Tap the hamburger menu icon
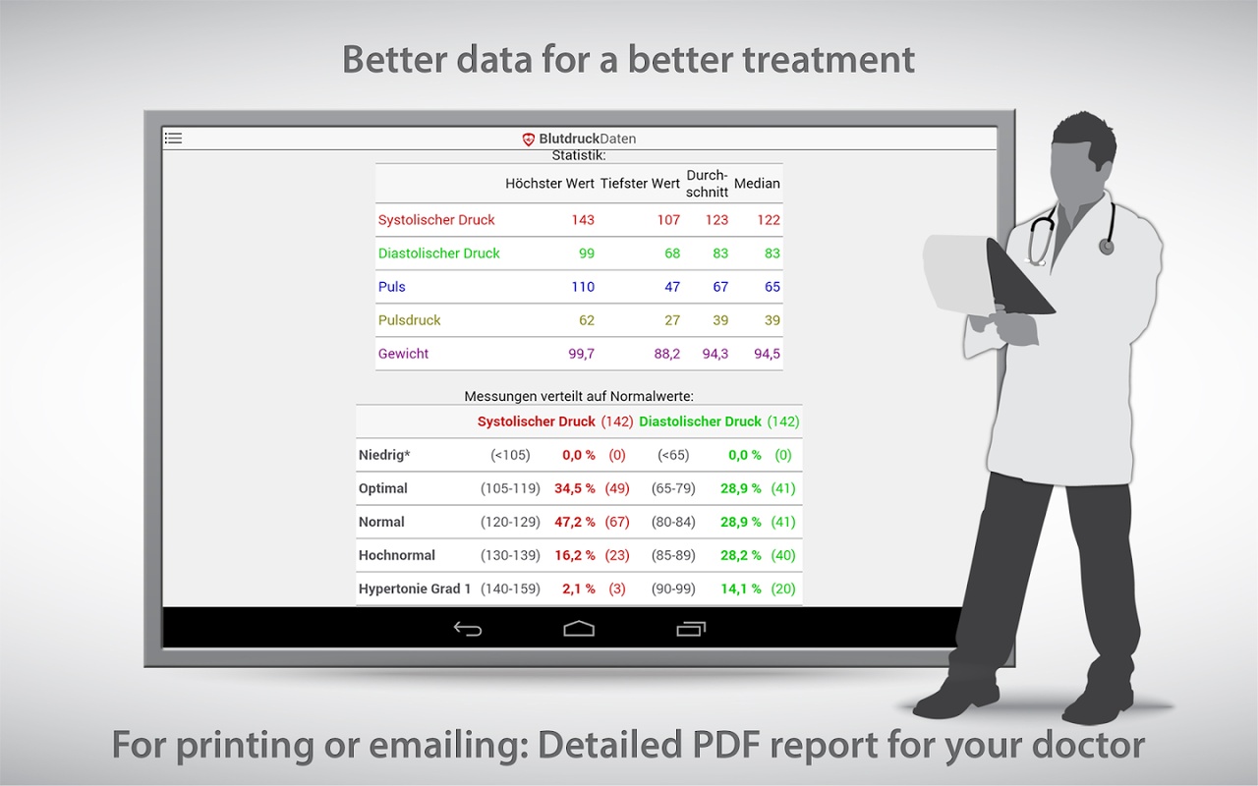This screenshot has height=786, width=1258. [173, 139]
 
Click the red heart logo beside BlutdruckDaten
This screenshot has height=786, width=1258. [528, 140]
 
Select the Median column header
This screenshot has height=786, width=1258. [757, 184]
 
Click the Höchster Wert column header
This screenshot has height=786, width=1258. [549, 184]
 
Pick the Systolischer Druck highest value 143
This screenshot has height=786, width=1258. [583, 219]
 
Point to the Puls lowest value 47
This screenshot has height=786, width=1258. [671, 287]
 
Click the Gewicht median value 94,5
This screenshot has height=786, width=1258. [767, 354]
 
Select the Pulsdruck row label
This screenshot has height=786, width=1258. [409, 320]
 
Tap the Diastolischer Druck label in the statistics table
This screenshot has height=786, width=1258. [438, 253]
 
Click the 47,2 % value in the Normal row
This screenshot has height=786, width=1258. [575, 522]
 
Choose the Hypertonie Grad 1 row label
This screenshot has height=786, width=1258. [415, 589]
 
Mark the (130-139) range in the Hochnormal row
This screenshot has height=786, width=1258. [510, 555]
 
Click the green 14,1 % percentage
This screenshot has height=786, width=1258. [741, 589]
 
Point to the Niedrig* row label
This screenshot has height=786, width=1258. [384, 455]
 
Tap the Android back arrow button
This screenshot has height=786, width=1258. [468, 629]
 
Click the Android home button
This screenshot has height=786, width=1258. [579, 629]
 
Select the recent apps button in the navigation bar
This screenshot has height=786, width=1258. [691, 629]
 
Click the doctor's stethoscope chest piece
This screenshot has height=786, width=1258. [1107, 246]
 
